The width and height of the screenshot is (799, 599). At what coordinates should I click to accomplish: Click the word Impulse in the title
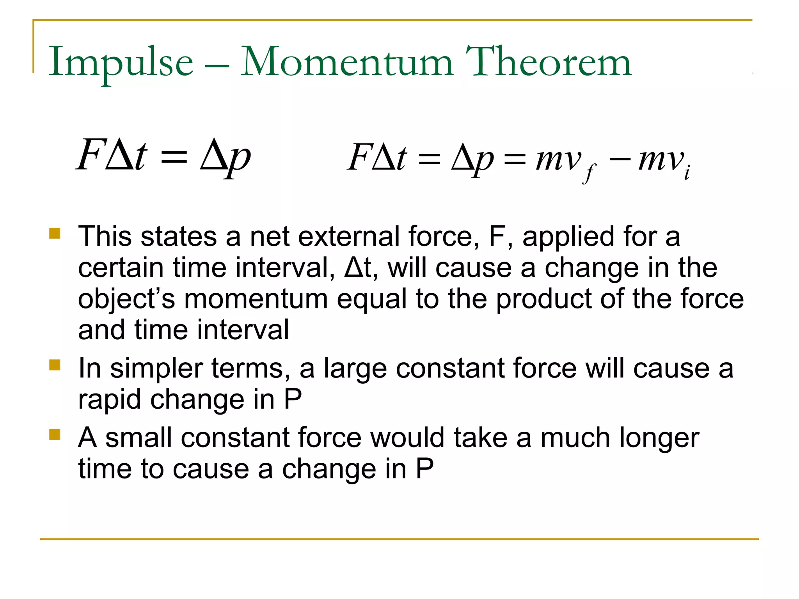click(121, 62)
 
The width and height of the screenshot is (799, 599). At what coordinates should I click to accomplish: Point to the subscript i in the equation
click(687, 172)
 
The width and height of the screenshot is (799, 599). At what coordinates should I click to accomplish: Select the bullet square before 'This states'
click(55, 233)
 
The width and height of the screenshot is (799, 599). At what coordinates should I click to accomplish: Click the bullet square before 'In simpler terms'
click(55, 365)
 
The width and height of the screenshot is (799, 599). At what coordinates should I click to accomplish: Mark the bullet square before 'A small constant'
click(55, 434)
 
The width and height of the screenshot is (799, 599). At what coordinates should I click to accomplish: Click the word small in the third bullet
click(138, 438)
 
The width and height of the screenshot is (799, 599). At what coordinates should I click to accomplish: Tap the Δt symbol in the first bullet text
click(357, 268)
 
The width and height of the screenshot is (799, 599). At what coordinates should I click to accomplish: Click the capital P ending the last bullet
click(424, 469)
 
